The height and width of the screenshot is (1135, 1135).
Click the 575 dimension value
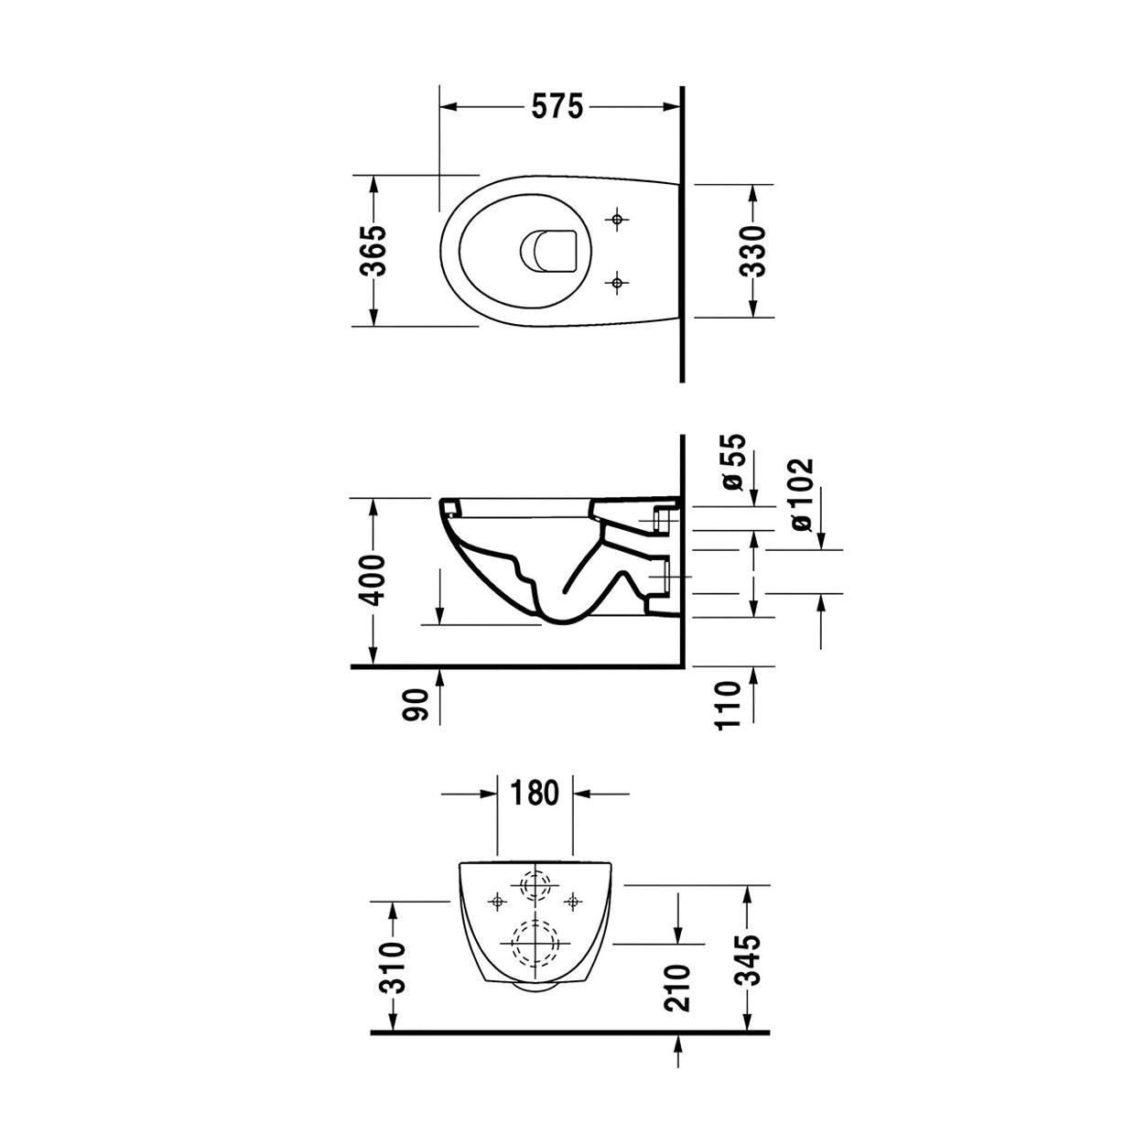(x=557, y=106)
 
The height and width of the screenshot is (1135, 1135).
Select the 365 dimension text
(x=373, y=250)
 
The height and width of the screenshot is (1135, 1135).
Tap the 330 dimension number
(x=752, y=251)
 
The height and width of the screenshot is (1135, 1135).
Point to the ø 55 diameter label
(x=733, y=462)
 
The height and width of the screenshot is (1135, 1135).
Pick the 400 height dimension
(x=372, y=579)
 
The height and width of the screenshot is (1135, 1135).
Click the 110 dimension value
(x=728, y=706)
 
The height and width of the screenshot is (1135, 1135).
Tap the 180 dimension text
(x=535, y=793)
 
